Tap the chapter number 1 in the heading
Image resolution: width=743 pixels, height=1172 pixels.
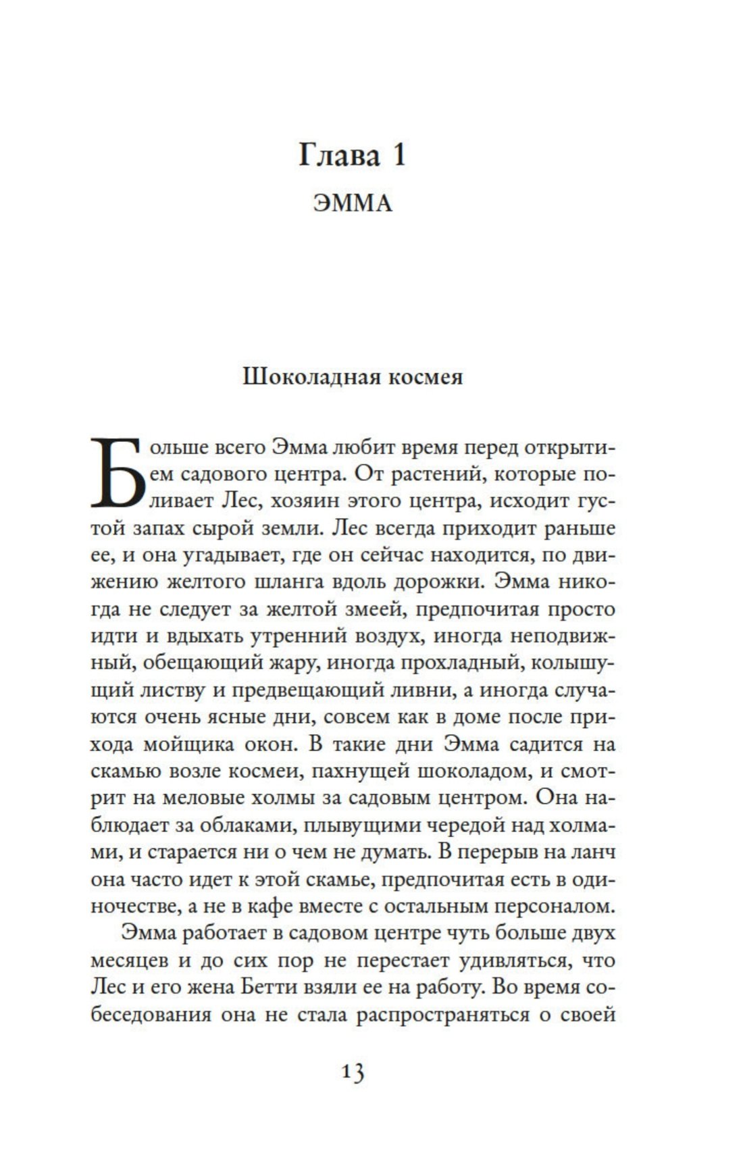click(x=398, y=156)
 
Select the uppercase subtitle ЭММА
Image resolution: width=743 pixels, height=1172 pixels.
click(x=353, y=203)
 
